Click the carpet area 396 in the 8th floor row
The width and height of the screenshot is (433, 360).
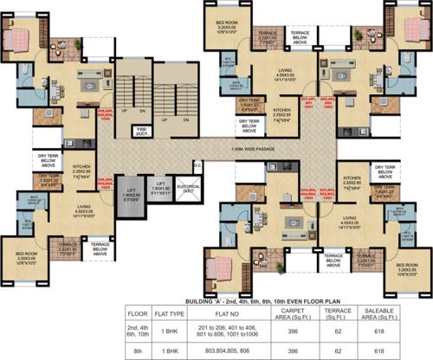point(299,350)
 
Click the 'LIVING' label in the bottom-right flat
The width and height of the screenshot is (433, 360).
point(351,220)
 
